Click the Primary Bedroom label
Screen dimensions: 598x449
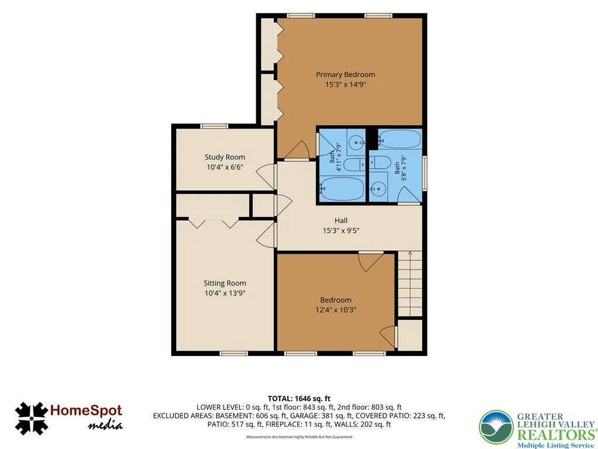345,74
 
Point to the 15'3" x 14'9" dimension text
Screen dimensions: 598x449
345,84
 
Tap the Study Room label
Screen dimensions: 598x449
225,157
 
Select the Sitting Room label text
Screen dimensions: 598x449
225,283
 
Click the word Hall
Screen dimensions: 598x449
341,220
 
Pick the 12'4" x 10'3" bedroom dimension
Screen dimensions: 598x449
336,310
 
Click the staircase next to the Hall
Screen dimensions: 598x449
410,284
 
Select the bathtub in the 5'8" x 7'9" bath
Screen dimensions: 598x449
399,139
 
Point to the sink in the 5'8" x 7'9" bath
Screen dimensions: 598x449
378,189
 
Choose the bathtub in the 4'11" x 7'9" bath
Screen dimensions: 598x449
342,188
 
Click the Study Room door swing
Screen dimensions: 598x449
266,177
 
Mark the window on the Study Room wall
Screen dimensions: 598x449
214,126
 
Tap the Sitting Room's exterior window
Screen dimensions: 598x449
234,353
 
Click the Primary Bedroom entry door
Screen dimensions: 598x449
297,150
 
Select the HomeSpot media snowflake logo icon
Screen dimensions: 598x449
32,419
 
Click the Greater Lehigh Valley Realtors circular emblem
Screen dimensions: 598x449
496,427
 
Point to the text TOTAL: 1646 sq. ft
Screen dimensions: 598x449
299,399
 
